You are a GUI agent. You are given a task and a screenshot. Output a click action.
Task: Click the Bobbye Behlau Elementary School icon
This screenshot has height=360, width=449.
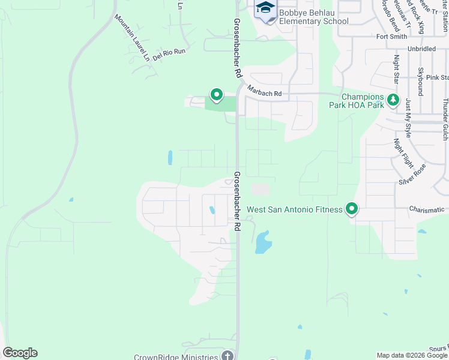coord(265,9)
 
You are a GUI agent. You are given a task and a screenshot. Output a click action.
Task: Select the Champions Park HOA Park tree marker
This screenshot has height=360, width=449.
coord(393,100)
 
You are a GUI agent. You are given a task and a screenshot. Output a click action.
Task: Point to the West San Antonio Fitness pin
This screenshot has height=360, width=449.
coord(352,209)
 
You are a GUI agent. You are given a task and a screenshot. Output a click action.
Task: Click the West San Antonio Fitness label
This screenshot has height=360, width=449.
coord(295,210)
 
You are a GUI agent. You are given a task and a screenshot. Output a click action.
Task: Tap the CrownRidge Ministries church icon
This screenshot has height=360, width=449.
coord(227,356)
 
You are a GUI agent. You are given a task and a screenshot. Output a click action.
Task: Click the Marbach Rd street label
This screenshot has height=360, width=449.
coord(264,94)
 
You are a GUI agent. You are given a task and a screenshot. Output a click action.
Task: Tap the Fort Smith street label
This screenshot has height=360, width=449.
coord(391,37)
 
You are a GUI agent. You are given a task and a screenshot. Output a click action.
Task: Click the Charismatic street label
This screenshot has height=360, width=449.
coord(427,209)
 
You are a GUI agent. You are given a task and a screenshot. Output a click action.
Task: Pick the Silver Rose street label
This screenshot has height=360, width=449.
coord(412,174)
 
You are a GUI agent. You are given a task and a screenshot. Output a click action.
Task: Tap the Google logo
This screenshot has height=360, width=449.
coord(20,353)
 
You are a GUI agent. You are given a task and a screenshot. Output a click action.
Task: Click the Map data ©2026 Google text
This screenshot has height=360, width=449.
coord(411,356)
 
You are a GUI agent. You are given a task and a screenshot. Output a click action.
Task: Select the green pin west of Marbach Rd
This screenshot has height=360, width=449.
coord(216,94)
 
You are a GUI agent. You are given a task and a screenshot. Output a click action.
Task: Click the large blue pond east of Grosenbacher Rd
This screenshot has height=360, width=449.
coord(262,242)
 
